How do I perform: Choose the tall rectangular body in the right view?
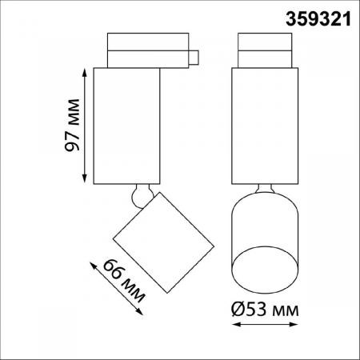pos(264,126)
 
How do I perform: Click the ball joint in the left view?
pos(142,194)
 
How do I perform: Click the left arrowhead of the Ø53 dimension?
pos(234,325)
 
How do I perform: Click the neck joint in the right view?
pos(265,190)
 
